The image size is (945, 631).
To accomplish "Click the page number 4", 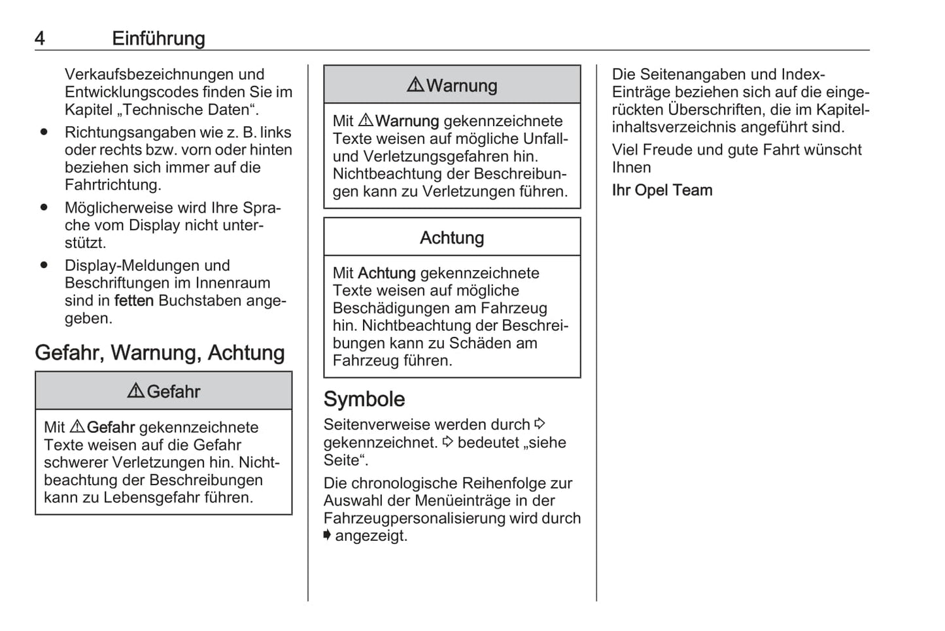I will tap(40, 39).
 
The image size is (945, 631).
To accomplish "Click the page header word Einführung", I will tap(158, 39).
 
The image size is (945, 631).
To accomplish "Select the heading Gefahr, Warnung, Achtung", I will tap(160, 353).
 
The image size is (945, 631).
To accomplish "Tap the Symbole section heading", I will tap(364, 399).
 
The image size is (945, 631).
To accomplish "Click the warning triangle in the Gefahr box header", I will tap(135, 391).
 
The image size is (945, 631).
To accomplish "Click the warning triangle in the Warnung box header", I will tap(415, 85).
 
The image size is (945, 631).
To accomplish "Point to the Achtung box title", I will tap(452, 238).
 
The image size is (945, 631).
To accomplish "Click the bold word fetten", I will tap(133, 301).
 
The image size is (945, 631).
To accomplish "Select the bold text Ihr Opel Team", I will tap(662, 190).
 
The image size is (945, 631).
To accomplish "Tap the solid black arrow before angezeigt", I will tap(327, 536).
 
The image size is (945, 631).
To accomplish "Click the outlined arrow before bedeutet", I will tap(447, 442).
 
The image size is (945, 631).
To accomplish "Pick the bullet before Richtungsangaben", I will tap(44, 132).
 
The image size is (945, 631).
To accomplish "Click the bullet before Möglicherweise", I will tap(44, 207).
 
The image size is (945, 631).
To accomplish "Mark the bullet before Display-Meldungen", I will tap(44, 265).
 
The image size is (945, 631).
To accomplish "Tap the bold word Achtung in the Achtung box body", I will tap(387, 273).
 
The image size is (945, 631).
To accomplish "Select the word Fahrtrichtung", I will tap(112, 185).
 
